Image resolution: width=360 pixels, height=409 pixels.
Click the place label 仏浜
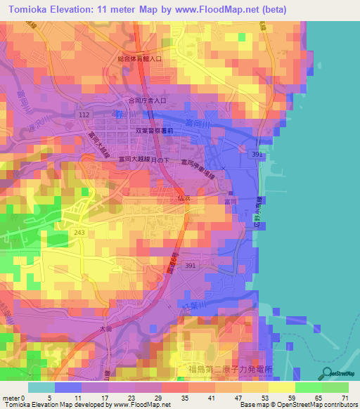click(x=185, y=200)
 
